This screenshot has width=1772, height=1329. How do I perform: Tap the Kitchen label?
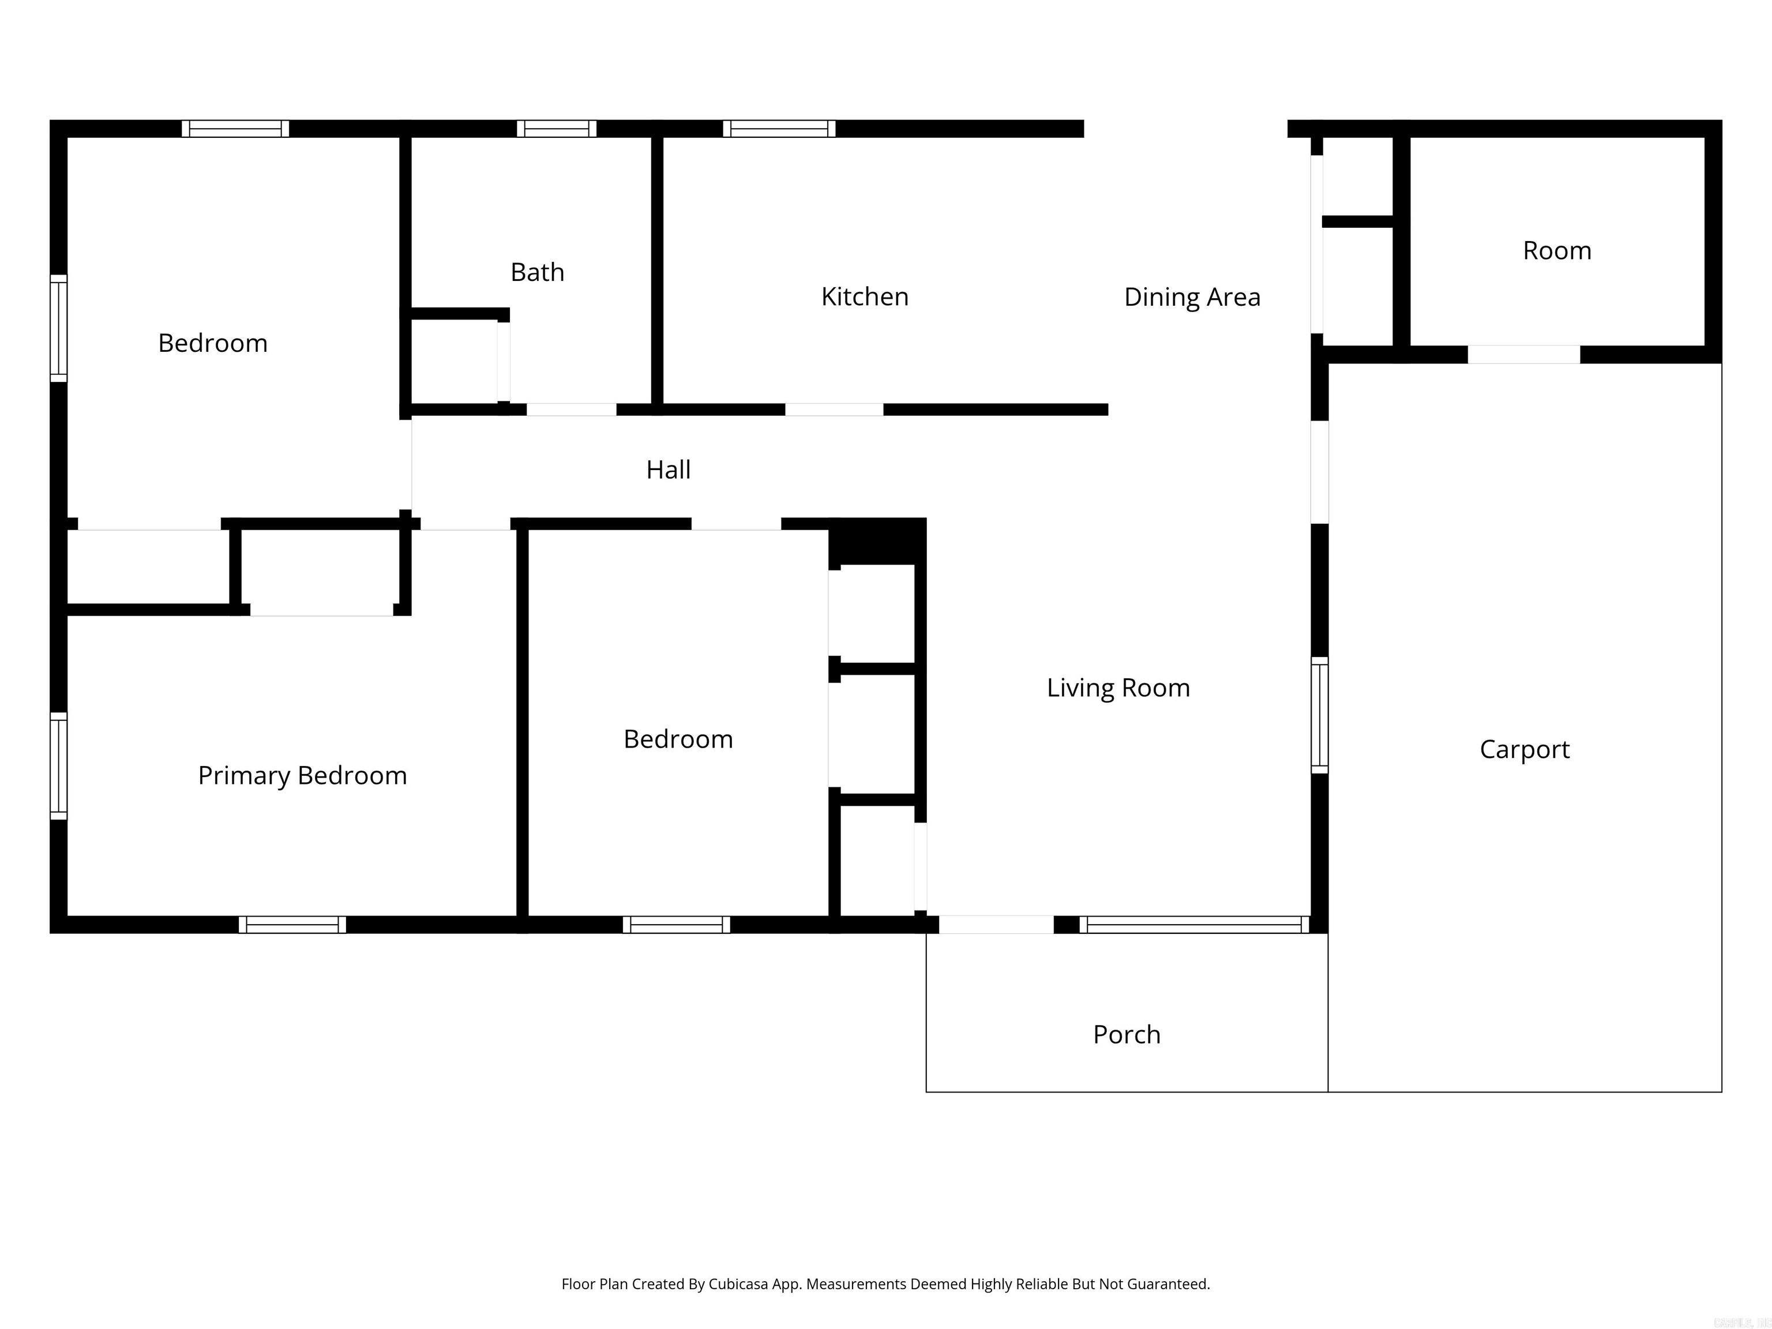(x=865, y=297)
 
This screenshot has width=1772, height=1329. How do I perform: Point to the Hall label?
(x=668, y=470)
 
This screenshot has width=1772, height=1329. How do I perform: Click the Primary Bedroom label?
(x=302, y=775)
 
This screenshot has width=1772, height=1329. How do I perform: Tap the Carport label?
(x=1523, y=750)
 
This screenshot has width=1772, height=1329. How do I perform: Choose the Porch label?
(x=1127, y=1035)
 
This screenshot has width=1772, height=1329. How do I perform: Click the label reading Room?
(x=1556, y=251)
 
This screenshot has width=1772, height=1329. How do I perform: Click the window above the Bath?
(x=556, y=129)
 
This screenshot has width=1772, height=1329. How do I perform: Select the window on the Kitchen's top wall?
(x=779, y=129)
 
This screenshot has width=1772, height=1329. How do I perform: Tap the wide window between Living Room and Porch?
(x=1193, y=925)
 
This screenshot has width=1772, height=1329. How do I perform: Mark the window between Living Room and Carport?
(x=1319, y=715)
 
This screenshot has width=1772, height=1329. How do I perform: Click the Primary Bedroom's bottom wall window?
(x=292, y=925)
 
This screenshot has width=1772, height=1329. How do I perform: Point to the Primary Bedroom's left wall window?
(x=58, y=766)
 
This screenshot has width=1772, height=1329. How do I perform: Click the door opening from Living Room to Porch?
(x=996, y=925)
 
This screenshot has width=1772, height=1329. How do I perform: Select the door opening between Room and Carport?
(x=1523, y=354)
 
